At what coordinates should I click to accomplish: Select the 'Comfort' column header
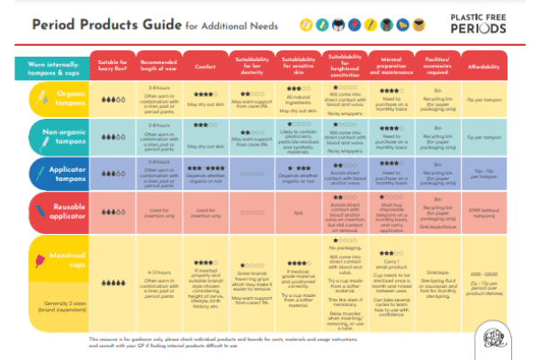203,67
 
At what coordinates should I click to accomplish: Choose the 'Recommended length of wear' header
158,67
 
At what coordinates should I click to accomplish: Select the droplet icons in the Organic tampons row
113,99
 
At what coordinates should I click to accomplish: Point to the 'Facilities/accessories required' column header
431,67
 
